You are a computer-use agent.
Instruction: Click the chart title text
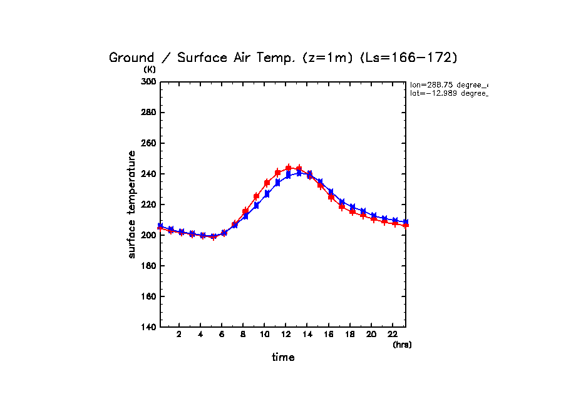pyautogui.click(x=283, y=58)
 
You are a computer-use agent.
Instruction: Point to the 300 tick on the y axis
pyautogui.click(x=150, y=82)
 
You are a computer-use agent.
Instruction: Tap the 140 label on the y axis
pyautogui.click(x=150, y=327)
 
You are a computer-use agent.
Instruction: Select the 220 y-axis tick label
pyautogui.click(x=150, y=204)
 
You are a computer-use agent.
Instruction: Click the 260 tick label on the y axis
pyautogui.click(x=150, y=143)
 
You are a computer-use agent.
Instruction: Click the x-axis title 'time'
pyautogui.click(x=283, y=358)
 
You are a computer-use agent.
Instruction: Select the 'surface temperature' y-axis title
pyautogui.click(x=132, y=204)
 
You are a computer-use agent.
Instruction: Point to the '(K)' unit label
pyautogui.click(x=150, y=69)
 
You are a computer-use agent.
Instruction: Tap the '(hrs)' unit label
pyautogui.click(x=402, y=345)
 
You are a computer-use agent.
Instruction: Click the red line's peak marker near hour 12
pyautogui.click(x=289, y=168)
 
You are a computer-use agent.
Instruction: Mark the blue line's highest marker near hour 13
pyautogui.click(x=299, y=173)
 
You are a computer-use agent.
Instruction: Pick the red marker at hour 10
pyautogui.click(x=267, y=183)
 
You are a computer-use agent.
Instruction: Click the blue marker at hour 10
pyautogui.click(x=267, y=194)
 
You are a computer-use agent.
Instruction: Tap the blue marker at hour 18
pyautogui.click(x=352, y=207)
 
